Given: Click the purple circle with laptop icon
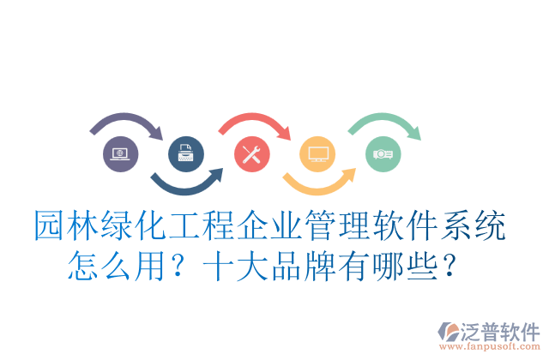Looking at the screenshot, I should coord(120,154).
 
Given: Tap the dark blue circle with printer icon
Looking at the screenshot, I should coord(186,154).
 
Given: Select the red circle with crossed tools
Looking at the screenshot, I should coord(252,154).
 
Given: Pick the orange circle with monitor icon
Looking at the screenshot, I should coord(317,154).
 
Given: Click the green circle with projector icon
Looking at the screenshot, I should coord(383,154).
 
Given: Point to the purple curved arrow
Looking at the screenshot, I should coord(127,122).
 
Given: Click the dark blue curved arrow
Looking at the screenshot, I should coord(187,183).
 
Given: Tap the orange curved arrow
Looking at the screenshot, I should coord(319,183).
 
